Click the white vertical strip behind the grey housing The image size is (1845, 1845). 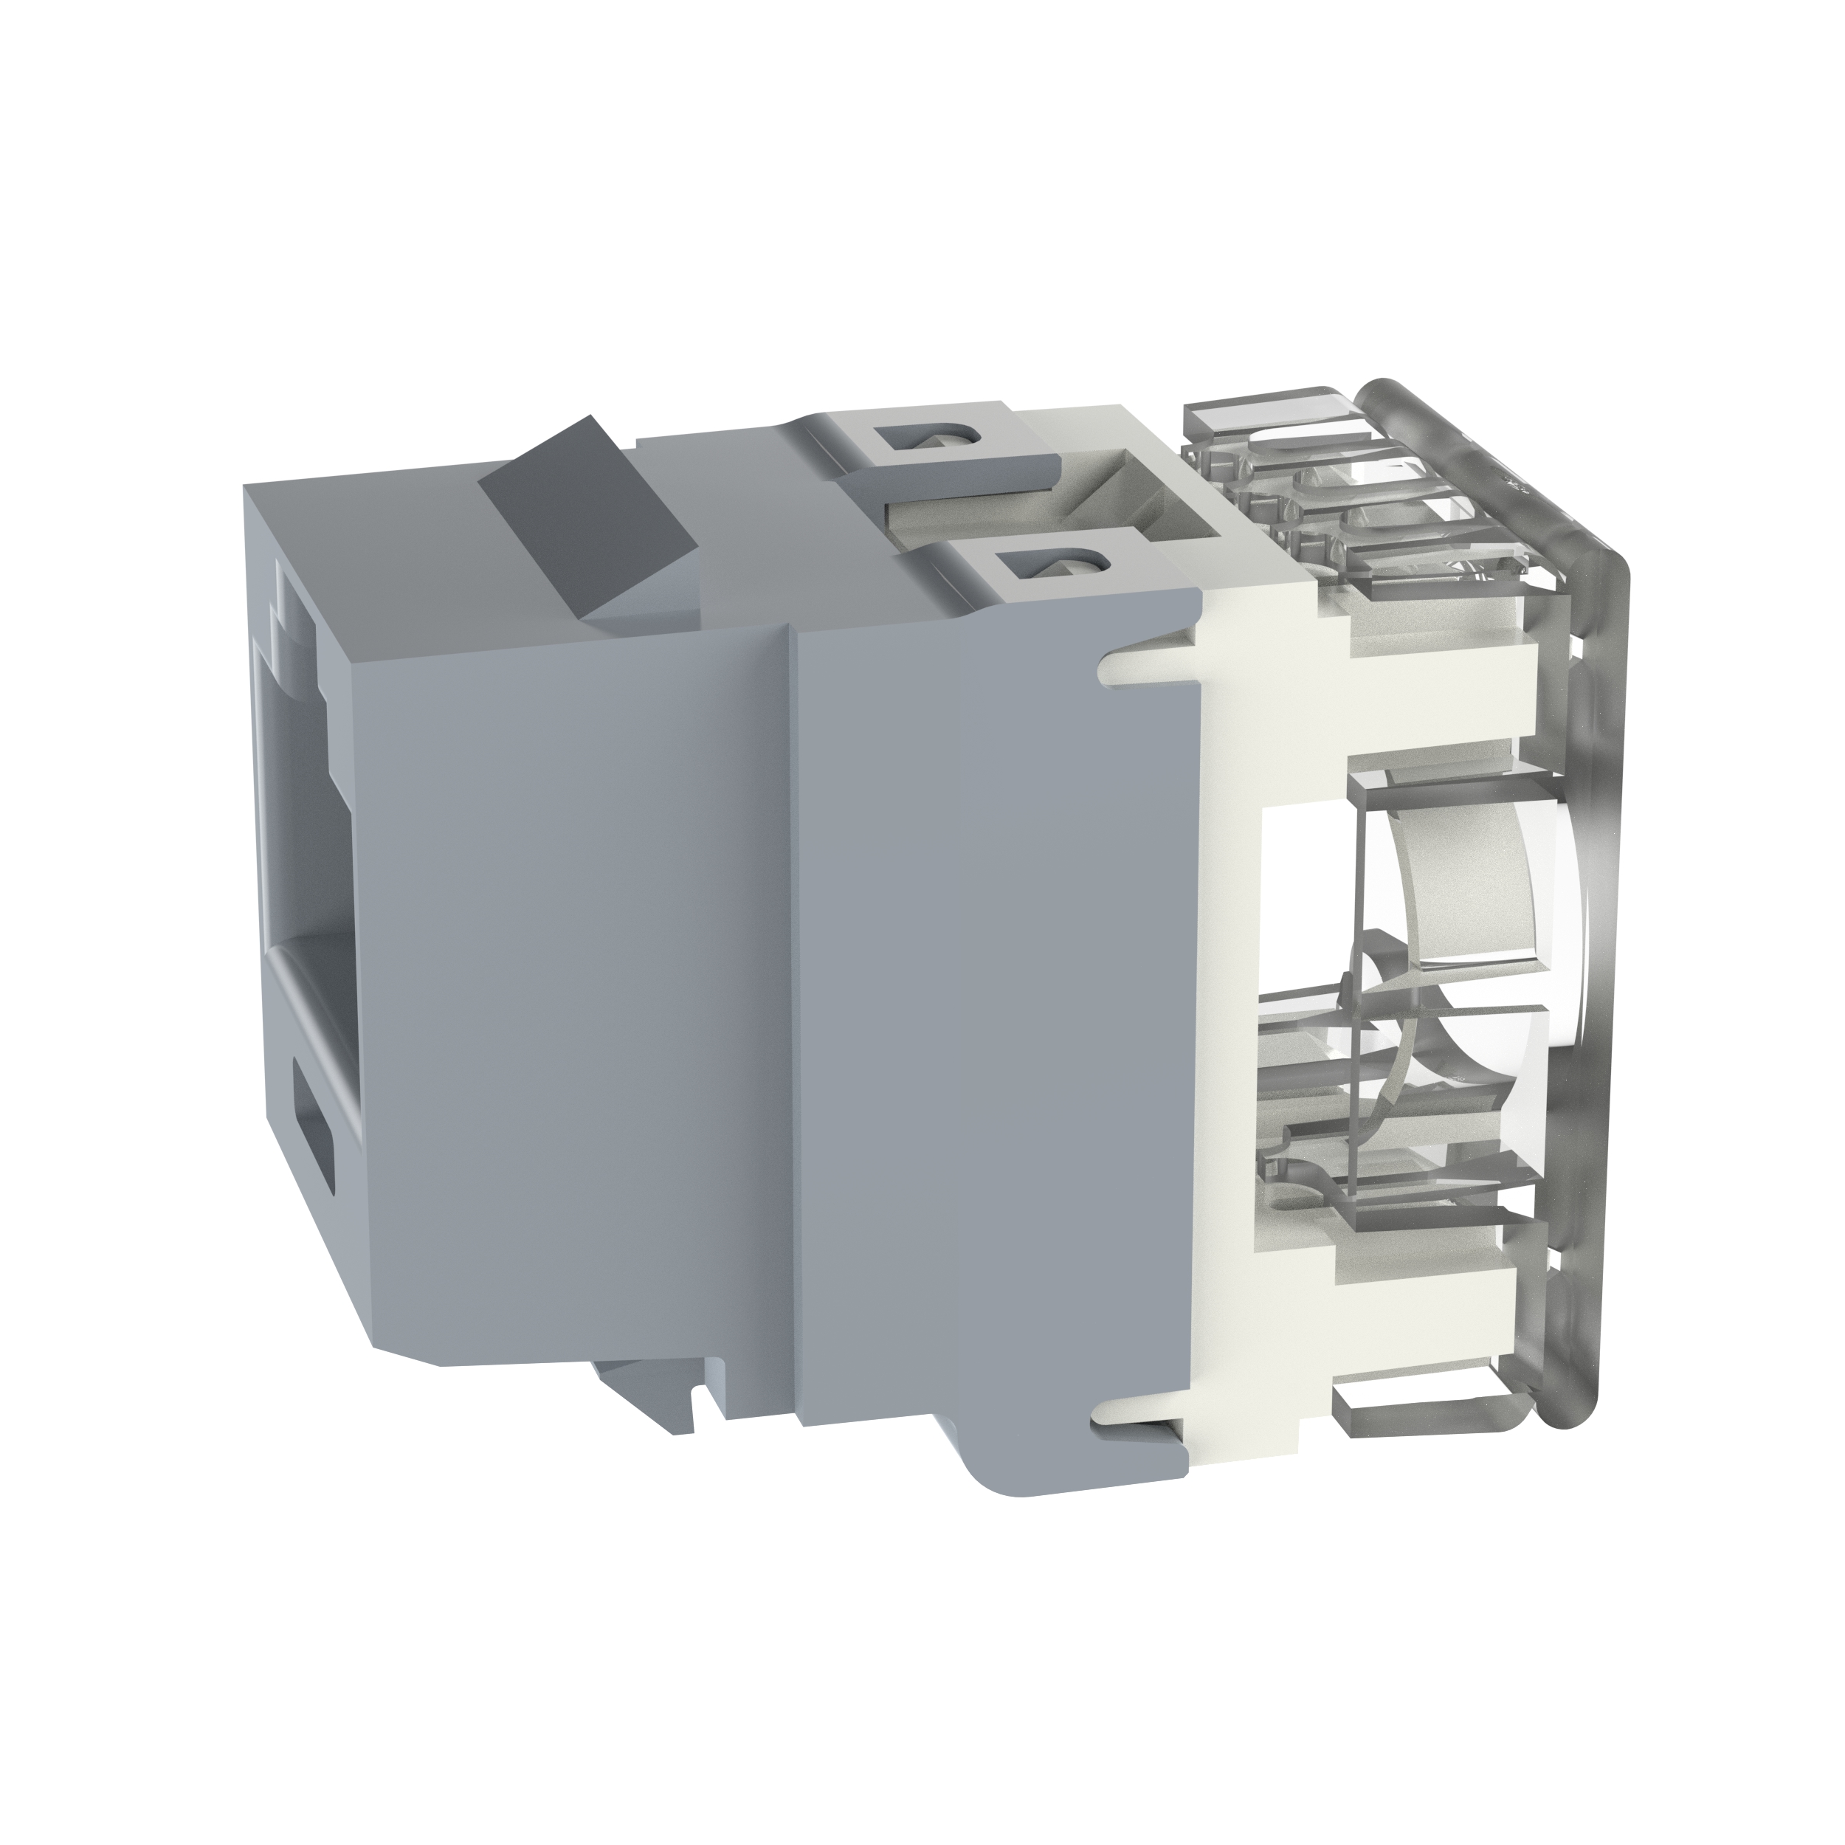point(1227,1050)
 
